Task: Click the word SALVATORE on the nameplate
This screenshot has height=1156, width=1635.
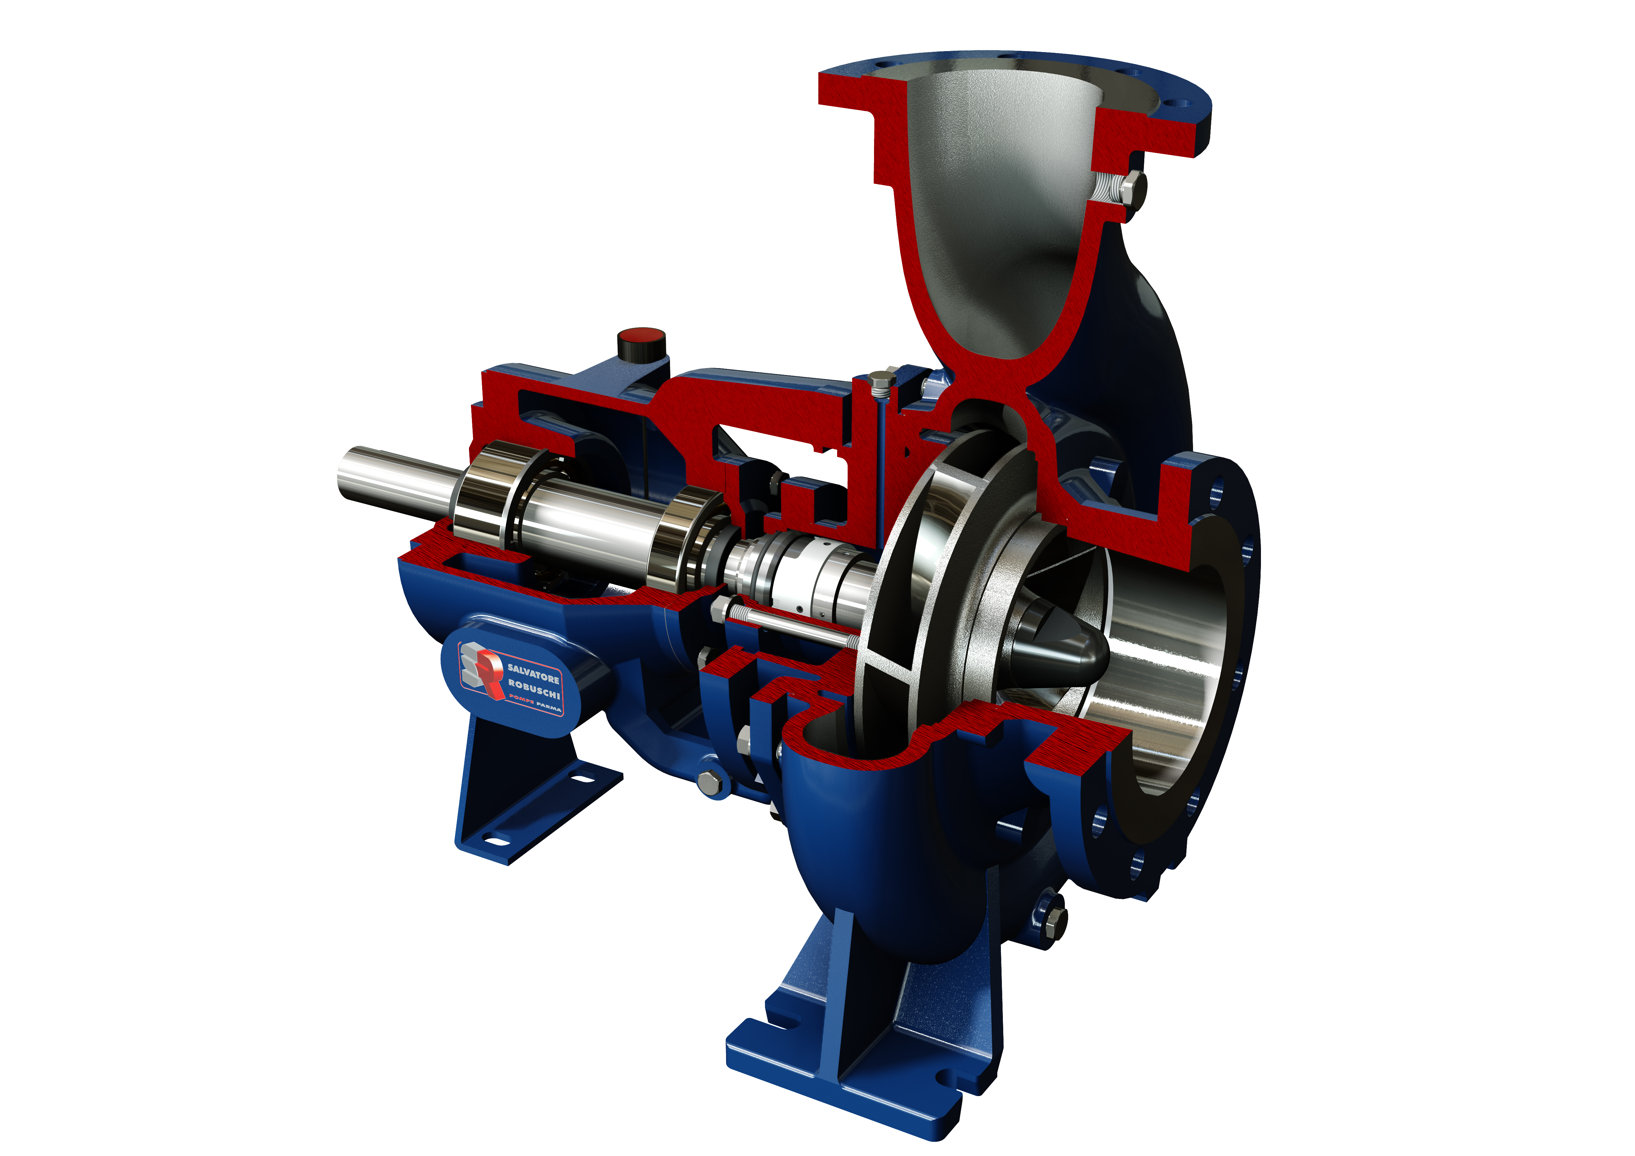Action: (533, 674)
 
